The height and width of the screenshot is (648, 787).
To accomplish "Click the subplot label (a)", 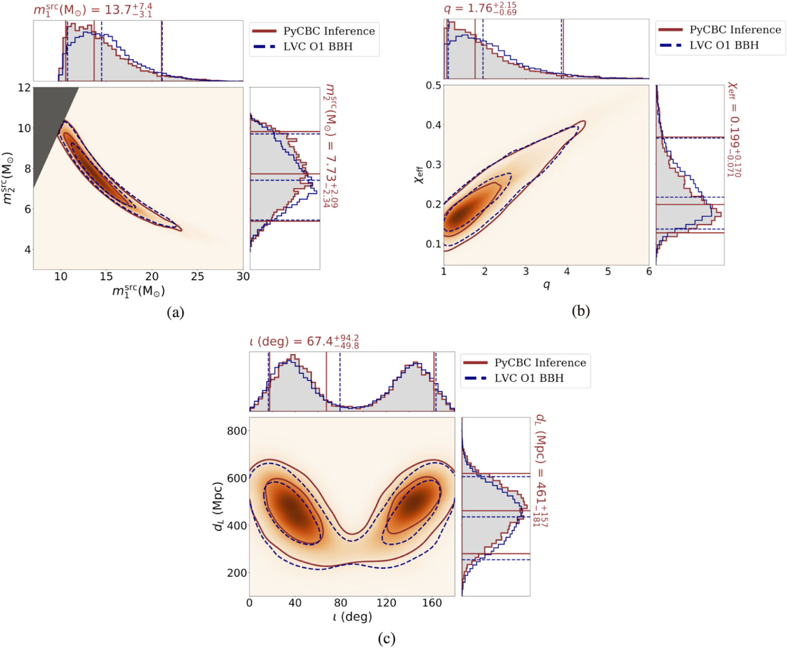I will (175, 313).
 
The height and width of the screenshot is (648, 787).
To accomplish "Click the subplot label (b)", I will (581, 311).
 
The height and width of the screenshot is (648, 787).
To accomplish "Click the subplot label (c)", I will (387, 638).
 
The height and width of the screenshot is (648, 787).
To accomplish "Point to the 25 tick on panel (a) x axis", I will (197, 277).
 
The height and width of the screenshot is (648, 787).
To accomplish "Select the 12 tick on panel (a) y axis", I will (24, 88).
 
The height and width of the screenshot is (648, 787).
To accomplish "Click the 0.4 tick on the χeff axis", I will (433, 125).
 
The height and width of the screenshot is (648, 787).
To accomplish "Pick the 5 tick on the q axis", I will (608, 271).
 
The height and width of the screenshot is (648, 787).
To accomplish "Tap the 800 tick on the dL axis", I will (237, 431).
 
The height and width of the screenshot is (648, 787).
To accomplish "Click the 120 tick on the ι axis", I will (386, 603).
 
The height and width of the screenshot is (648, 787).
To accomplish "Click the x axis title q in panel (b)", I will (546, 285).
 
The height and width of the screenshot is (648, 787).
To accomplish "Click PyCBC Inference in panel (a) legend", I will (329, 31).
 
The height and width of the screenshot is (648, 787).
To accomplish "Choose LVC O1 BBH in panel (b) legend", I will (724, 45).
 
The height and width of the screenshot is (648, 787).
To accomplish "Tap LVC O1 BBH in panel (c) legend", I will (529, 378).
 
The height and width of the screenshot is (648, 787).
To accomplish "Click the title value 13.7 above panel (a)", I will (118, 10).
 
